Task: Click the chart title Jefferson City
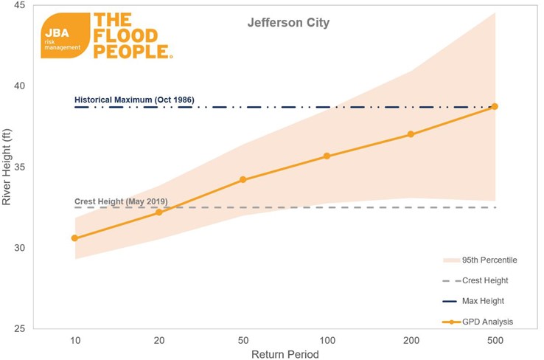287,23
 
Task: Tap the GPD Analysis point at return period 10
74,238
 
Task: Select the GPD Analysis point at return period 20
158,212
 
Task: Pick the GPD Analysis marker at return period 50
243,179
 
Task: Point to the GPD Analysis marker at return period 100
327,156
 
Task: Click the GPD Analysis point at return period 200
411,134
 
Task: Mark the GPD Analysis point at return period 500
495,106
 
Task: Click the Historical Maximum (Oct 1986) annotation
134,99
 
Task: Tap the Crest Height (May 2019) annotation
122,201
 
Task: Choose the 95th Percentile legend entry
480,260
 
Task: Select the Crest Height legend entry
480,280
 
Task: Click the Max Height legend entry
480,301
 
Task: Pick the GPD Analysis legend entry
480,322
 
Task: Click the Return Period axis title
285,355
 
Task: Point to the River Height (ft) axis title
7,167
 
